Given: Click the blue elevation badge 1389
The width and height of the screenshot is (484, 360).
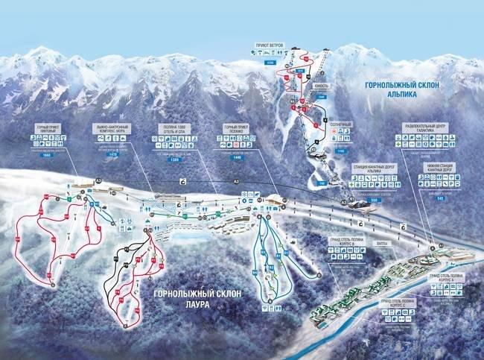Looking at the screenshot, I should [x=176, y=159].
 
